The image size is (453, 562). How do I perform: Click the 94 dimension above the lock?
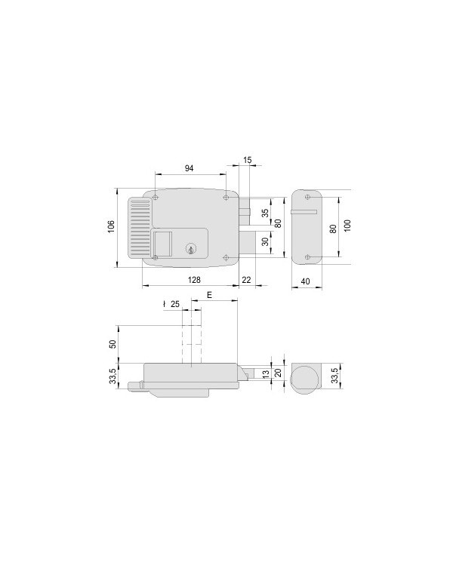point(190,168)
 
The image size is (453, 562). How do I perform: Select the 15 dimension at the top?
point(248,159)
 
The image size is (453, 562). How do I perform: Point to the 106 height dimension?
point(110,226)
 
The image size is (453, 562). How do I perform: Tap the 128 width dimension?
point(194,280)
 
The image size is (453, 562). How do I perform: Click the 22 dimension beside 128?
point(246,280)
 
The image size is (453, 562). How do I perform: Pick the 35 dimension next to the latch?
point(265,213)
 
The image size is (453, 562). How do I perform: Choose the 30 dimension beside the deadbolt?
point(265,242)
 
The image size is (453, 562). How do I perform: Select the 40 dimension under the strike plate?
point(306,281)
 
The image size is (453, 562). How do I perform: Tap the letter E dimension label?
point(208,296)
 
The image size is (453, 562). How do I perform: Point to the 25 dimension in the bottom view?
point(174,305)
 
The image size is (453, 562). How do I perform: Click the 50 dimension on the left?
point(113,344)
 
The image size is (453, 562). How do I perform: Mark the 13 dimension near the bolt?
point(265,373)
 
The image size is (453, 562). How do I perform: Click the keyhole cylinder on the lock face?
point(191,248)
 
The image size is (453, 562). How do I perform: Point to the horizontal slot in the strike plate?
point(304,213)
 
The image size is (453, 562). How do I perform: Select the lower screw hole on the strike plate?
point(307,256)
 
